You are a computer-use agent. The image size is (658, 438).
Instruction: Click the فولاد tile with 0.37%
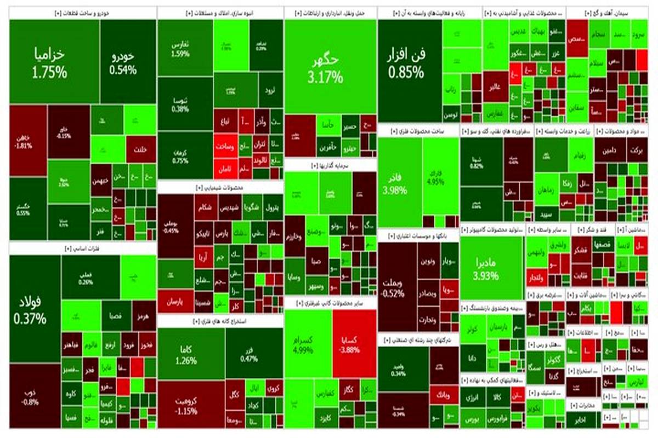35,309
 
